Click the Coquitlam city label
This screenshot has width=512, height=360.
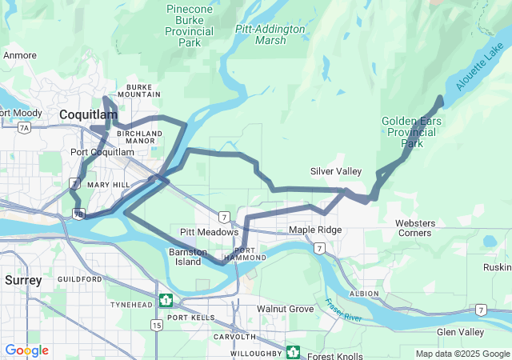(x=90, y=116)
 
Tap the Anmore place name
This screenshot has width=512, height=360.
(x=20, y=56)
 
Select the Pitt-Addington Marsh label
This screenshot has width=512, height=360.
(x=270, y=34)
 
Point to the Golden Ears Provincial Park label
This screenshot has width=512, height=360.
(x=411, y=132)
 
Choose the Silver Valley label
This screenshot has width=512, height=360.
(x=335, y=171)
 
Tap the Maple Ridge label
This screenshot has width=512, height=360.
(x=315, y=230)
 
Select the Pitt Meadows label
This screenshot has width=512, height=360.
(x=209, y=232)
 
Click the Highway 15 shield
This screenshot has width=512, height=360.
(x=156, y=325)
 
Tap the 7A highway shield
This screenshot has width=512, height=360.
(x=25, y=127)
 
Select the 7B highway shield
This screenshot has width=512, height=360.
(x=78, y=214)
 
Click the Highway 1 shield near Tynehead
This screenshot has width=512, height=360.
(x=166, y=301)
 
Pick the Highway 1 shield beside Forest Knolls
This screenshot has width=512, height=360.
(x=294, y=352)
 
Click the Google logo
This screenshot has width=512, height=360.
(x=26, y=350)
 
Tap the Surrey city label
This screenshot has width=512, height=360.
(x=23, y=280)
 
